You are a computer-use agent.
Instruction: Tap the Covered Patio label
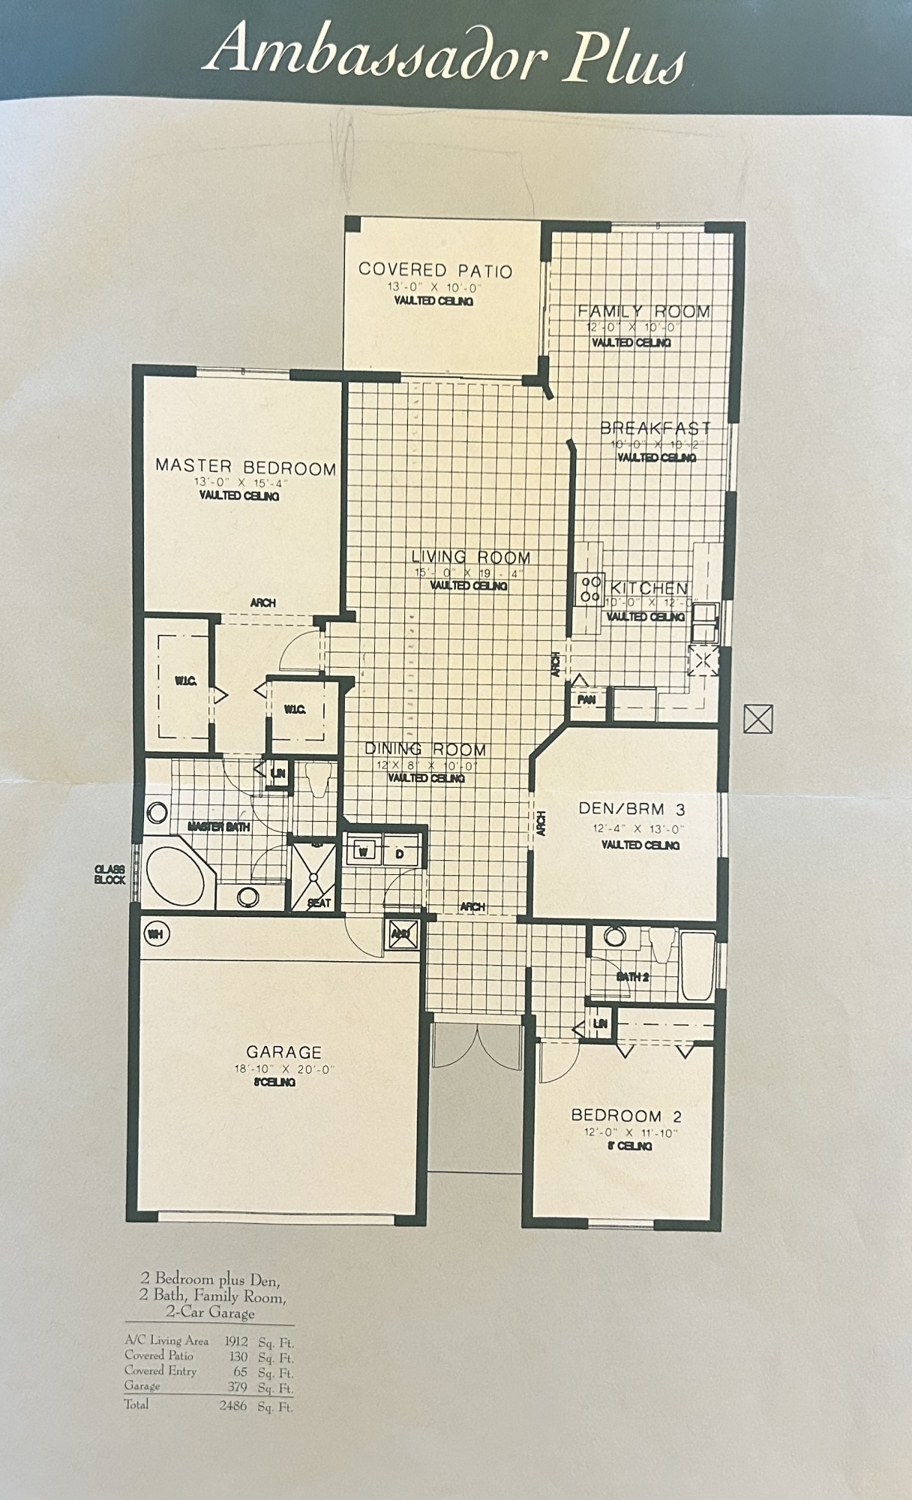[x=435, y=270]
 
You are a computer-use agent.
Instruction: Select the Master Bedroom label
[x=246, y=467]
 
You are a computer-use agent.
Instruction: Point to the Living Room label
[x=471, y=558]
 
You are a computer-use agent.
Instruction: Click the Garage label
[x=284, y=1053]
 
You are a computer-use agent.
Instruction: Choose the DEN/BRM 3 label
[x=632, y=809]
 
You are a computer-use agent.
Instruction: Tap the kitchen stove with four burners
[x=589, y=588]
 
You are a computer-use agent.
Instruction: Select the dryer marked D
[x=400, y=854]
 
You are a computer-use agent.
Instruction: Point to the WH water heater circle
[x=155, y=934]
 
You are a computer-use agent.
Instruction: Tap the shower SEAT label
[x=319, y=903]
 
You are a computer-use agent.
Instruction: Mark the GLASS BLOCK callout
[x=110, y=874]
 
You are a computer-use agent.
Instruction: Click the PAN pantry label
[x=586, y=699]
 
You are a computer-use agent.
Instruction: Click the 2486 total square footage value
[x=232, y=1406]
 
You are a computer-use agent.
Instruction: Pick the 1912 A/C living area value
[x=236, y=1340]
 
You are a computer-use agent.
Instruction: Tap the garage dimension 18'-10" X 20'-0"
[x=283, y=1069]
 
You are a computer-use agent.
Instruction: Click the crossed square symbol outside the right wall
[x=757, y=719]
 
